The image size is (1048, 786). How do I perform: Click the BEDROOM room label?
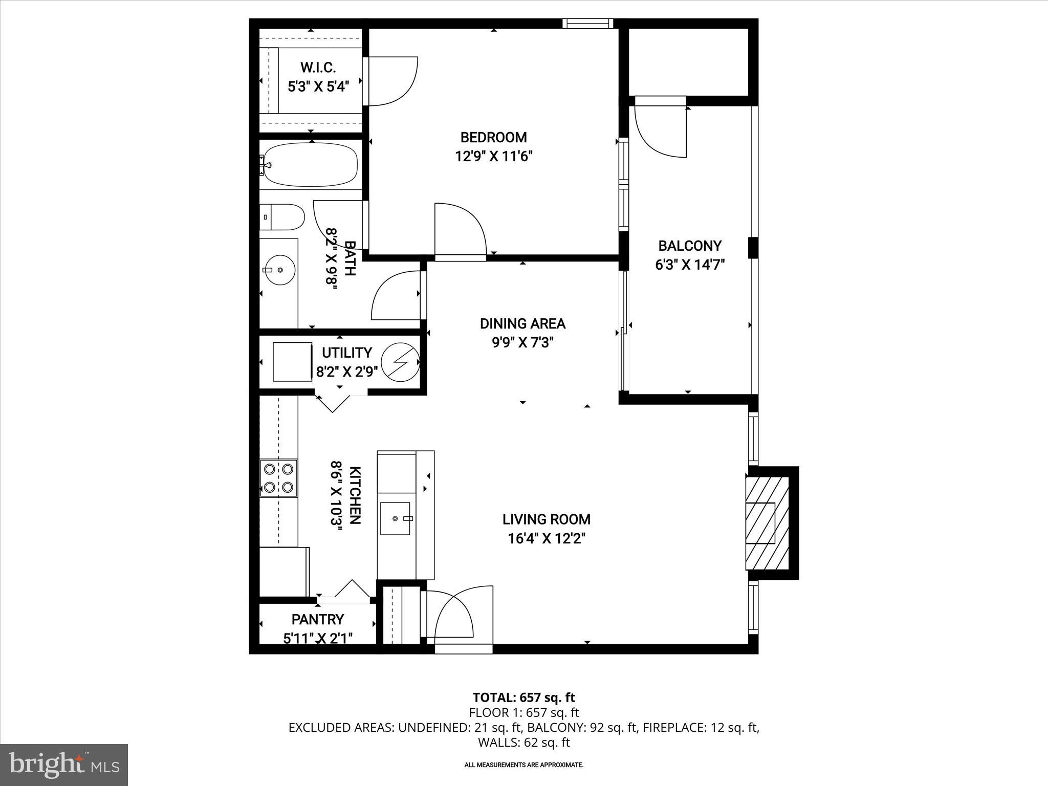[x=493, y=137]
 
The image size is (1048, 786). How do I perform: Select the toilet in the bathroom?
[x=282, y=217]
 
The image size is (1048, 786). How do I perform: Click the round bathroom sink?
[x=279, y=269]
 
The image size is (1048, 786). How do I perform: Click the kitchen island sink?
[x=395, y=518]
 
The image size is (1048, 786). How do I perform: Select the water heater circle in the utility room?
[x=401, y=362]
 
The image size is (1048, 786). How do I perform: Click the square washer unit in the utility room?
[x=292, y=362]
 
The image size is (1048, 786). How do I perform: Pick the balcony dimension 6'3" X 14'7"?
[x=690, y=265]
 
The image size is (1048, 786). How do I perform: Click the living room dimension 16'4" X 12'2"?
[x=546, y=538]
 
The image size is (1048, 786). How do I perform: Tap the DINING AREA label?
[x=522, y=323]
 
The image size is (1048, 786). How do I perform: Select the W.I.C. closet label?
[x=318, y=67]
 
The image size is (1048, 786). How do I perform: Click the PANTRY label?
[x=317, y=619]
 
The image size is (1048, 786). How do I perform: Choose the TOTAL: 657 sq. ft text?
[x=523, y=697]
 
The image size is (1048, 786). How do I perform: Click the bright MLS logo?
[x=64, y=765]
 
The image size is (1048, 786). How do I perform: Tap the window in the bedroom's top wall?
[x=587, y=23]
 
